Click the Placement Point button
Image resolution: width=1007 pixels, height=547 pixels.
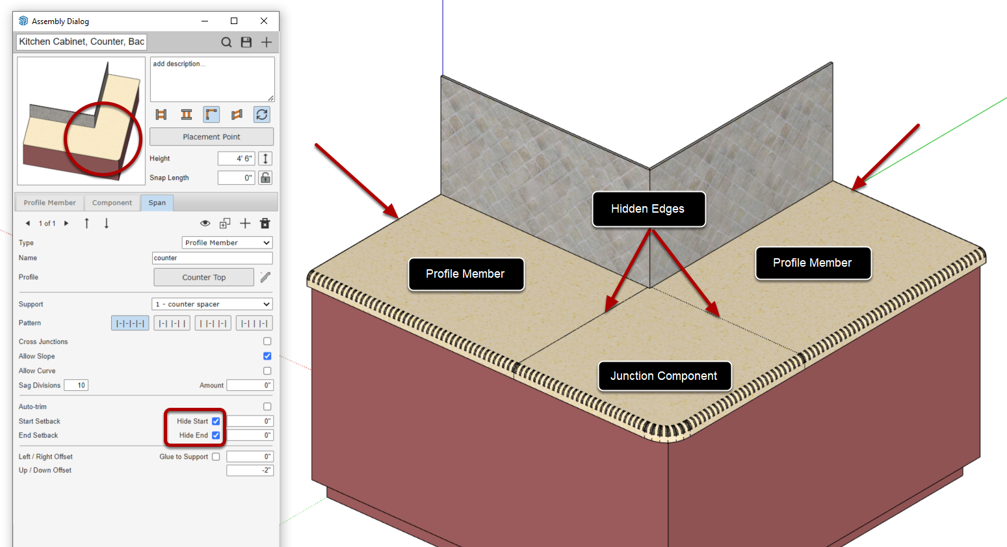point(211,137)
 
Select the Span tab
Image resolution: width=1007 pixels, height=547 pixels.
point(157,202)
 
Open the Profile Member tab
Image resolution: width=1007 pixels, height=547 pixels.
point(49,202)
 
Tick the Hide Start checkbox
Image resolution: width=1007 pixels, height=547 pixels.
point(216,421)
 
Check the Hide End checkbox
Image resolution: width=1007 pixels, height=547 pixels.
point(216,435)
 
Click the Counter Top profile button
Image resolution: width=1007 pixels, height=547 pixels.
point(203,277)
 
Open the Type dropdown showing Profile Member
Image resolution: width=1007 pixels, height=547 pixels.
point(227,243)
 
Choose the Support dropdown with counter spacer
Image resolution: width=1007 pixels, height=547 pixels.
point(212,304)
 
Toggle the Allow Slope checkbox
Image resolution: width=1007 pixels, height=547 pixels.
point(267,356)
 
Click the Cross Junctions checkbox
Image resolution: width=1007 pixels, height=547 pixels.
point(267,341)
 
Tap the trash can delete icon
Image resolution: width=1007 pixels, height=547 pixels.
point(265,223)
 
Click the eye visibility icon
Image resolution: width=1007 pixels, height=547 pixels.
point(205,223)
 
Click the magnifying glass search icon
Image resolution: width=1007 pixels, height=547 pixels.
point(226,42)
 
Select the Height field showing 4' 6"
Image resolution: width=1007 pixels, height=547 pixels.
point(236,158)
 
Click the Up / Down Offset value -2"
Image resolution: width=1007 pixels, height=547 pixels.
point(250,470)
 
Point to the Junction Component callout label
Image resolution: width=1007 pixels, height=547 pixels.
point(664,376)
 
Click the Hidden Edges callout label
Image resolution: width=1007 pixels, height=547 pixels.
point(647,209)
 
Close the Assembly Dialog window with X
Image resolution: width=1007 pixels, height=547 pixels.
point(264,21)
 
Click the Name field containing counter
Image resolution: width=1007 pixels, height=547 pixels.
point(212,258)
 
